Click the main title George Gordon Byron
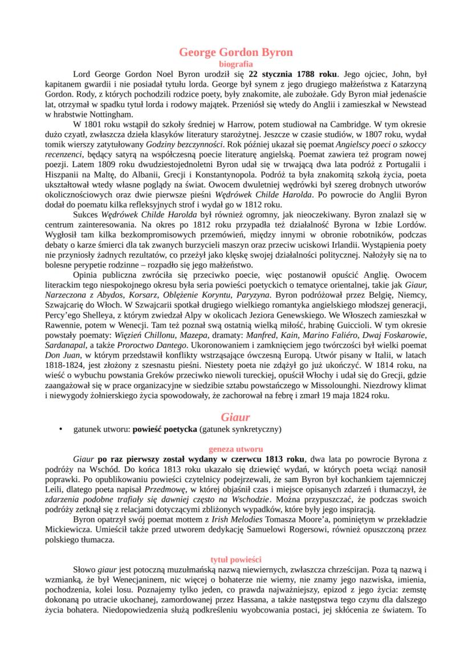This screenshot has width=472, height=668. (x=236, y=52)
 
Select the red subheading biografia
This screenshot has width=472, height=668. (x=236, y=64)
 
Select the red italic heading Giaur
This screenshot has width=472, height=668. (x=236, y=418)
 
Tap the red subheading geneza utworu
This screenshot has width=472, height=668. (x=236, y=448)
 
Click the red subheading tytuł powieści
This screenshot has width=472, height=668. (x=236, y=560)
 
